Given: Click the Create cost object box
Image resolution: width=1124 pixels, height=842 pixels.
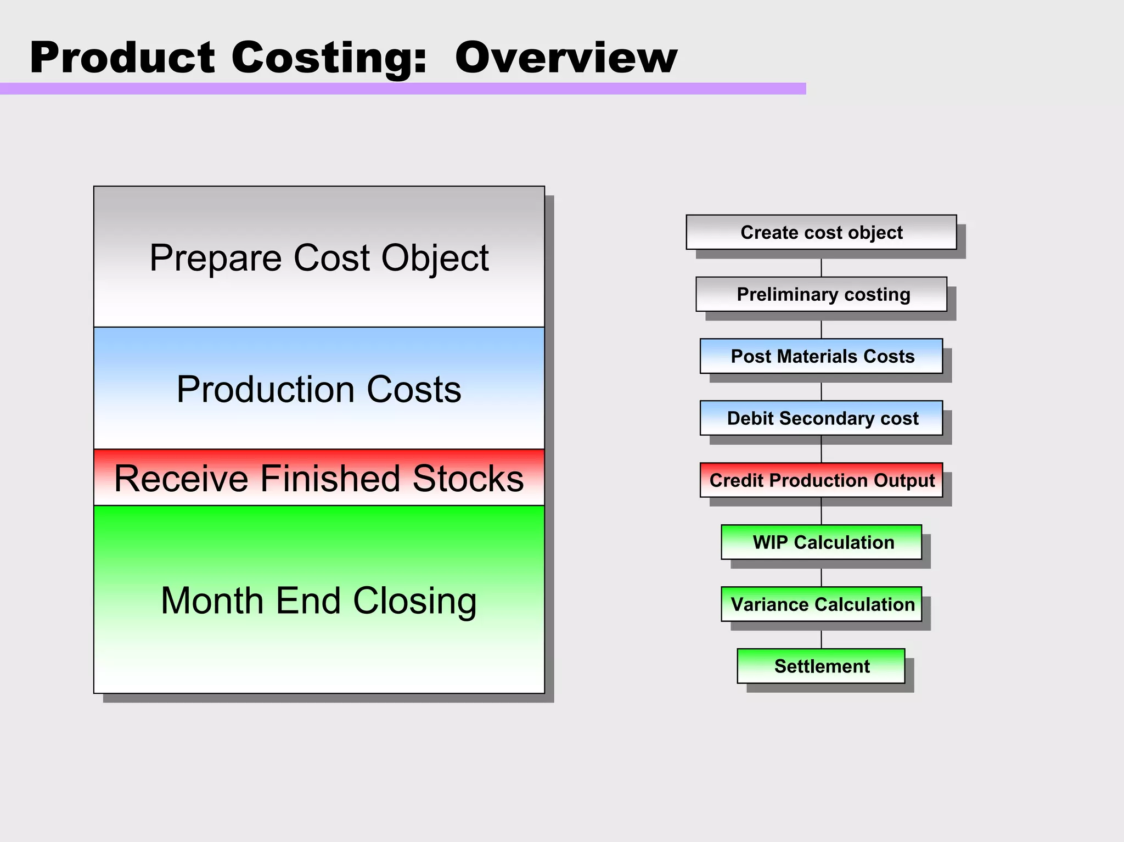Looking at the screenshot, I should [821, 232].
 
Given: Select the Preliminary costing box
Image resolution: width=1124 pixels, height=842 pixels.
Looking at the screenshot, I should [821, 294].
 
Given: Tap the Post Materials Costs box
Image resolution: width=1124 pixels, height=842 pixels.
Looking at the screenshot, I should [821, 356].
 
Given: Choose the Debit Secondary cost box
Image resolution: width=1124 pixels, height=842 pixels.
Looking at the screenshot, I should [821, 418].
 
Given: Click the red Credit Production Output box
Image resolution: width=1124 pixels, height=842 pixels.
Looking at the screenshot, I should [821, 480].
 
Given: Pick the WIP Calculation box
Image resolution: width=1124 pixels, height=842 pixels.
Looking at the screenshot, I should [821, 542].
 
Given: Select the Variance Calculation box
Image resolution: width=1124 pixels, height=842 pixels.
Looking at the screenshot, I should [821, 604].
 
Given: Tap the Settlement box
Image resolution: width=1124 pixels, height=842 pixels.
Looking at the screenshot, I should [821, 666].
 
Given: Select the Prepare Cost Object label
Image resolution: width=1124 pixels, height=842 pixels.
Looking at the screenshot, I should [319, 257].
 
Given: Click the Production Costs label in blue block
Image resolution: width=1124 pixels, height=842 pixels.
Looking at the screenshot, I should [319, 389].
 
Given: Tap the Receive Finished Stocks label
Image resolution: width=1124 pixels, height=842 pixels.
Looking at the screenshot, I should [319, 478].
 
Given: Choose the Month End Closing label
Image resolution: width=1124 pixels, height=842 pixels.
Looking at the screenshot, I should [319, 600].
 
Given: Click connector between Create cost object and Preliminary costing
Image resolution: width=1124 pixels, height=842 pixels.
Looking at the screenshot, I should [821, 268].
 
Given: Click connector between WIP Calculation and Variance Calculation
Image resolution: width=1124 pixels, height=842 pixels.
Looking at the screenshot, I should [821, 577].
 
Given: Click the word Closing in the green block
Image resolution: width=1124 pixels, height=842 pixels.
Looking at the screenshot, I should [414, 600].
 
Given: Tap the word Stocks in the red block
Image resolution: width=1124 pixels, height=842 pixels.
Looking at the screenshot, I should [468, 478].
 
